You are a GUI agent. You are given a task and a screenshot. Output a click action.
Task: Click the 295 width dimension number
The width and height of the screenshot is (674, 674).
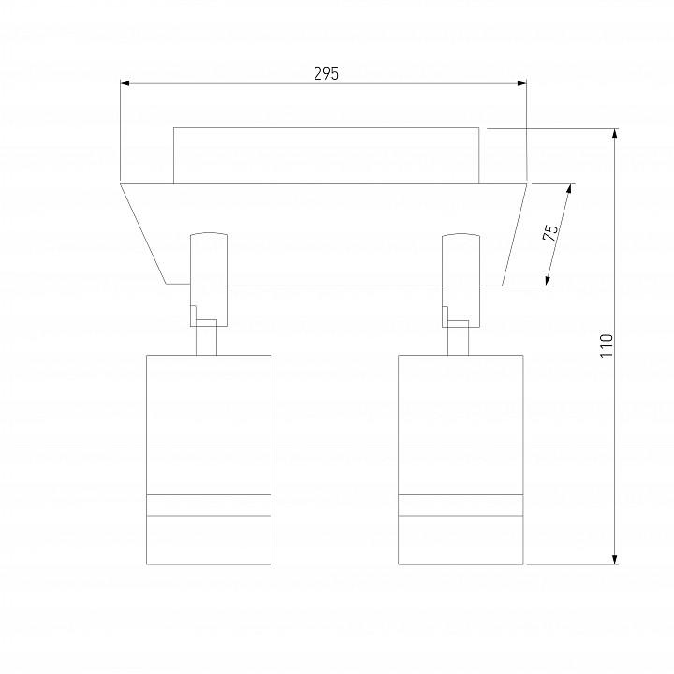click(x=327, y=74)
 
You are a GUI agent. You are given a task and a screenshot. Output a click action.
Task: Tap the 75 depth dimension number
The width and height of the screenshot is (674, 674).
click(x=550, y=232)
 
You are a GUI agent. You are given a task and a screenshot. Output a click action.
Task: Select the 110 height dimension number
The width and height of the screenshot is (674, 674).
click(x=607, y=345)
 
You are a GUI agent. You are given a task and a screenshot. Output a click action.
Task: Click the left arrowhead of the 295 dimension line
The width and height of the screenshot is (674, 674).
click(x=125, y=83)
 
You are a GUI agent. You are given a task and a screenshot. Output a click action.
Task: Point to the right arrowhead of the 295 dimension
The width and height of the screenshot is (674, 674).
click(x=521, y=83)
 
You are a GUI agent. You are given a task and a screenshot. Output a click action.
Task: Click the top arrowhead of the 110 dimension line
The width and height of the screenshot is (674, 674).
click(x=615, y=133)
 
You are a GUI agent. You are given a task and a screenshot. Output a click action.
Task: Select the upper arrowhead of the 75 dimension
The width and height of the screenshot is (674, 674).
click(x=570, y=189)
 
